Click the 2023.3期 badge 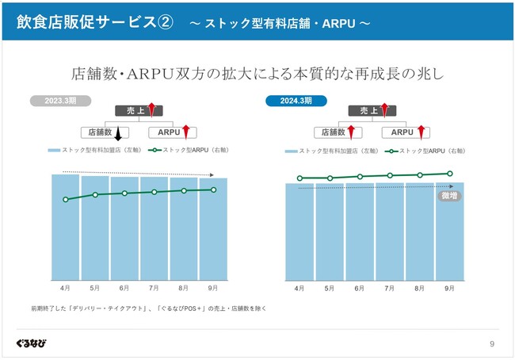(60, 101)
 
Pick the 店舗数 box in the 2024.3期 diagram (332, 132)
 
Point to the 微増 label (448, 195)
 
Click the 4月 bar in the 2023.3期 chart (66, 230)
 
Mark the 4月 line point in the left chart (65, 199)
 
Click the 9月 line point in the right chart (449, 173)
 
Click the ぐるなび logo (31, 343)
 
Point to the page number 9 (492, 343)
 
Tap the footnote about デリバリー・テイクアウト (148, 308)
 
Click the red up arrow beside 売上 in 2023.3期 (152, 112)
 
